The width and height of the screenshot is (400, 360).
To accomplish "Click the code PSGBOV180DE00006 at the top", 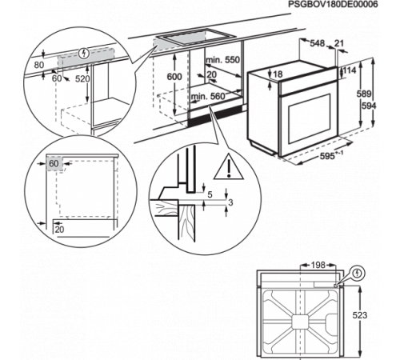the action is (334, 4).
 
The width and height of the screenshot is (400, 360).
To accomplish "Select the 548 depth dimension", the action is (317, 43).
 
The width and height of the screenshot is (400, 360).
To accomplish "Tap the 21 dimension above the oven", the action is (339, 43).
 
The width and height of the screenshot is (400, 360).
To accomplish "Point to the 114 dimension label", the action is (350, 70).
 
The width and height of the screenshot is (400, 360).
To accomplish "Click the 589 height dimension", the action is (364, 94).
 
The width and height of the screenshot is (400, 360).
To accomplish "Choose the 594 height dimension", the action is (369, 106).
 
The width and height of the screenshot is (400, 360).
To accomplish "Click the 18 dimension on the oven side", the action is (278, 74).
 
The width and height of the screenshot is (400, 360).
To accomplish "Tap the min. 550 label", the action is (222, 60).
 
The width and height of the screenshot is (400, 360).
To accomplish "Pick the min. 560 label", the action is (208, 96).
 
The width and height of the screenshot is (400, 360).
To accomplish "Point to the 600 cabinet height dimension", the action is (174, 77).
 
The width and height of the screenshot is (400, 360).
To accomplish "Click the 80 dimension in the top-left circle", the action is (39, 65).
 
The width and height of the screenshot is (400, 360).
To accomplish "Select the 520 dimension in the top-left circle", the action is (82, 78).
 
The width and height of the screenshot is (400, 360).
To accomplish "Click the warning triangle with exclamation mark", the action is (229, 167).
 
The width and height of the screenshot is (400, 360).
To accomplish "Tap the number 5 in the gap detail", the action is (210, 194).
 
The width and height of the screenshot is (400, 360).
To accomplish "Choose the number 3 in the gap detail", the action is (230, 202).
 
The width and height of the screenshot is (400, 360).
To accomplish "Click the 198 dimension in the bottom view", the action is (318, 265).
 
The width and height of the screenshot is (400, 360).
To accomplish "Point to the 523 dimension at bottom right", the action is (360, 315).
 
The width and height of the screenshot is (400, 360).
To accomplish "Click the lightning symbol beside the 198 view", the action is (358, 274).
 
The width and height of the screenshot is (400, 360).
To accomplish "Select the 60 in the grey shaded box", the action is (54, 163).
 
